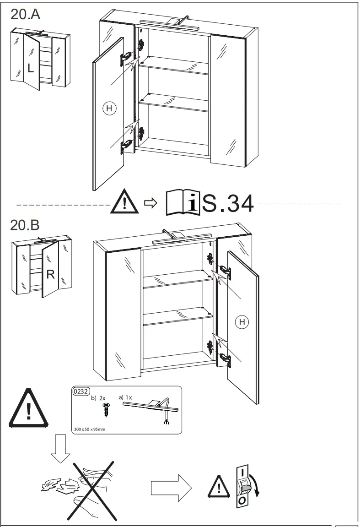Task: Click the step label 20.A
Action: [25, 14]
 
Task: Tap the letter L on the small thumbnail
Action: [30, 69]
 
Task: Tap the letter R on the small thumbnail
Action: [51, 274]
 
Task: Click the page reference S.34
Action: [227, 204]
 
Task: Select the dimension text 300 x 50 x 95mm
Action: [90, 429]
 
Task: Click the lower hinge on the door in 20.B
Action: [225, 359]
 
